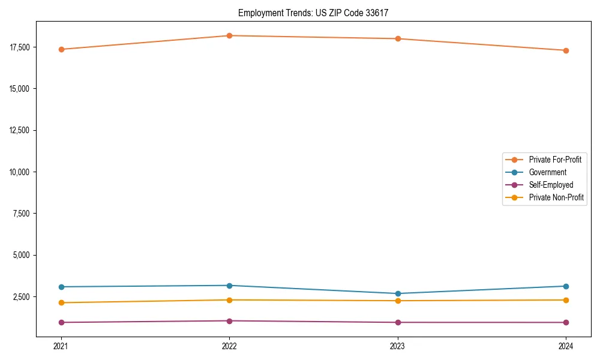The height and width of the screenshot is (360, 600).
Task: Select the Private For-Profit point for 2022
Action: (x=229, y=35)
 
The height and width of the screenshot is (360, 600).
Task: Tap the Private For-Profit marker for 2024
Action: (x=566, y=50)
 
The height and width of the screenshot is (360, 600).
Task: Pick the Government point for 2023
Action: (x=398, y=293)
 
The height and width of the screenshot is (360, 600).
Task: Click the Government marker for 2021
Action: (x=61, y=287)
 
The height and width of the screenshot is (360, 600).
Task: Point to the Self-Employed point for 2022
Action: (x=229, y=321)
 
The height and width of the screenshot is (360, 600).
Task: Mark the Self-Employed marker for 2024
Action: (x=566, y=322)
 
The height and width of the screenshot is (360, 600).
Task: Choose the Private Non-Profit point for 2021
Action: (x=61, y=302)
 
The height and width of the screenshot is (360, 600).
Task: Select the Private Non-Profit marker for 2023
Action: (x=398, y=301)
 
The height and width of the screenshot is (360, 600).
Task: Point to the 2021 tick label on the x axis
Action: (x=61, y=346)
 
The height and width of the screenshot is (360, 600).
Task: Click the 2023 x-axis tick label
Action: (x=398, y=346)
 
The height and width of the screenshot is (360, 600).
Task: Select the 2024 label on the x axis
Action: (x=566, y=346)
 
